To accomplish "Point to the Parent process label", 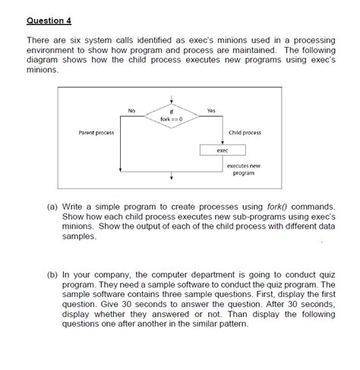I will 96,133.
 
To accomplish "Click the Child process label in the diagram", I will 244,133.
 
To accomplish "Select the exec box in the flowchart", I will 222,150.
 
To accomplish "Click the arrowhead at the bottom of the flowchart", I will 172,180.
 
